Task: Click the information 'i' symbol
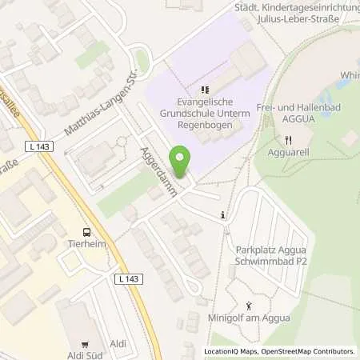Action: pyautogui.click(x=223, y=214)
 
